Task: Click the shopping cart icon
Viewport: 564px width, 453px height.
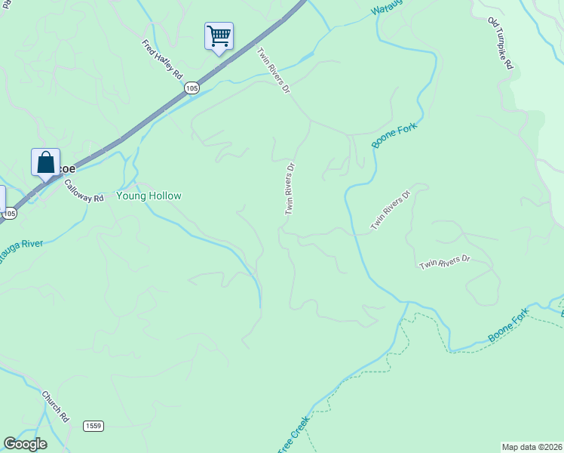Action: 219,35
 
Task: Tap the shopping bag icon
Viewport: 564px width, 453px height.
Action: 45,162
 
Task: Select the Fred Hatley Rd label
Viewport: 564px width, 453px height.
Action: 162,60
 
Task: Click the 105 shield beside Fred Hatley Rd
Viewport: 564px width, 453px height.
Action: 192,88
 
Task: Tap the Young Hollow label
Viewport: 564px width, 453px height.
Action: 149,196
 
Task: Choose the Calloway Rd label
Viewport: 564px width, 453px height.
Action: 83,191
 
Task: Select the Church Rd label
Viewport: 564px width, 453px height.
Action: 56,406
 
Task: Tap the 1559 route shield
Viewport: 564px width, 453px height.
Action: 93,427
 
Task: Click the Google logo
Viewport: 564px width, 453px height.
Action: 25,444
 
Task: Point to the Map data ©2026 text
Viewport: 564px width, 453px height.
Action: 532,447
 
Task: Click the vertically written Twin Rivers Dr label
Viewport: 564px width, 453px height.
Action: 290,188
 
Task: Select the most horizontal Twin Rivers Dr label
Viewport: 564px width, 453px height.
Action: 444,262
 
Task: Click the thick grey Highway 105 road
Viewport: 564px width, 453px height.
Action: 136,128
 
